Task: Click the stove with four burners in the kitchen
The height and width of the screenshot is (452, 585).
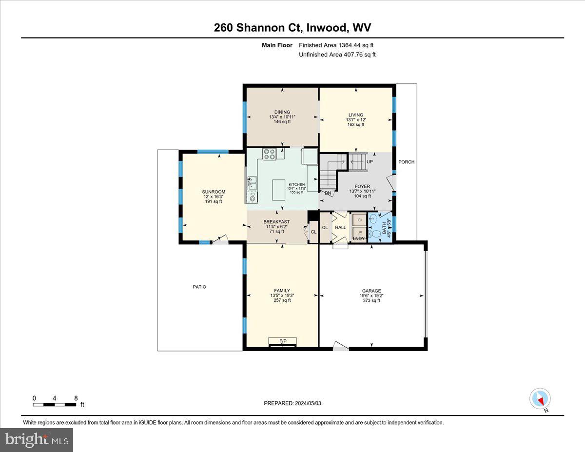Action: [270, 154]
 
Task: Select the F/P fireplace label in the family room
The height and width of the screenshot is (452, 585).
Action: [282, 340]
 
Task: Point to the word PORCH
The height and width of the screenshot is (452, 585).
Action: [406, 162]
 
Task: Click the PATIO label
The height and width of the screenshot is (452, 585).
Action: [199, 287]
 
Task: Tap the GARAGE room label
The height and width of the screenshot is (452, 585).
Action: [371, 291]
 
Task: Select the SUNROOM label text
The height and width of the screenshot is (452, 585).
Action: [213, 192]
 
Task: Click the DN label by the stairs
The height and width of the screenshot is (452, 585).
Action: [328, 193]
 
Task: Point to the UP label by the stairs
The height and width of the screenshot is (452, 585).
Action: [370, 161]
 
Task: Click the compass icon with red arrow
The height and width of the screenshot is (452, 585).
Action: [540, 399]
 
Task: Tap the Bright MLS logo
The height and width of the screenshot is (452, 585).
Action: [37, 440]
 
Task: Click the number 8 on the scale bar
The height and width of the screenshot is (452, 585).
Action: [76, 398]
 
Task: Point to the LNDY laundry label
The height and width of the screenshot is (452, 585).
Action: [358, 238]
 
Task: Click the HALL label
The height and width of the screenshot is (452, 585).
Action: [340, 227]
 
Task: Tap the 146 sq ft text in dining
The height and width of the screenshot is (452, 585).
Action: [282, 122]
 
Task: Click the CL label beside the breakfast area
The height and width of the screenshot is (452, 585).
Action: [313, 232]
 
